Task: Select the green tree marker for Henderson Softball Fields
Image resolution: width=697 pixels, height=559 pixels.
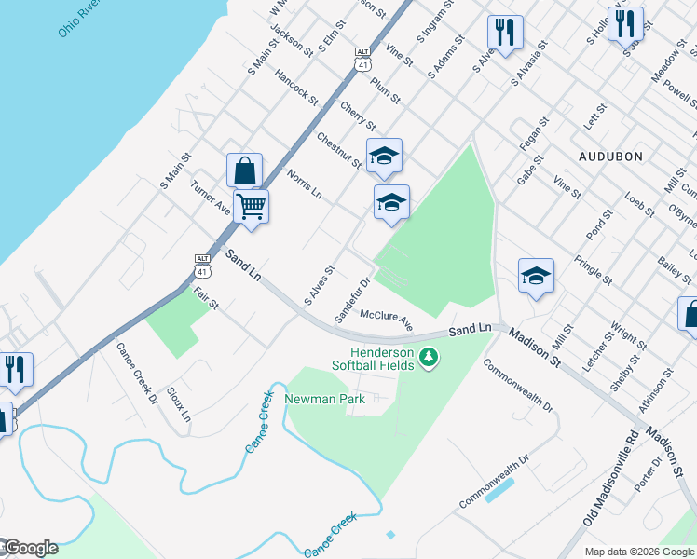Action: click(429, 358)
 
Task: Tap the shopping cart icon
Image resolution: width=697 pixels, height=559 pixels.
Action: click(251, 206)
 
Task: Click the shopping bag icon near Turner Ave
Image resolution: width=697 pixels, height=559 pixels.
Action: click(244, 170)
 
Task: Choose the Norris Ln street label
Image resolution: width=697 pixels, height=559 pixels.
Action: click(305, 184)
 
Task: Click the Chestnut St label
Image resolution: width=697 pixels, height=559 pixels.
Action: click(338, 150)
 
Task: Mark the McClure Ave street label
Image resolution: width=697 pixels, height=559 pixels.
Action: click(386, 320)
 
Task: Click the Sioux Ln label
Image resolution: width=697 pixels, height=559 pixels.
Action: click(178, 403)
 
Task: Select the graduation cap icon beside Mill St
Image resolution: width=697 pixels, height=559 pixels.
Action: click(536, 276)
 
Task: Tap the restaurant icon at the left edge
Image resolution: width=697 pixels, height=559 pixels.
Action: click(16, 369)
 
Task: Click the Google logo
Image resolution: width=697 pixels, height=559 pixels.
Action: click(30, 548)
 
